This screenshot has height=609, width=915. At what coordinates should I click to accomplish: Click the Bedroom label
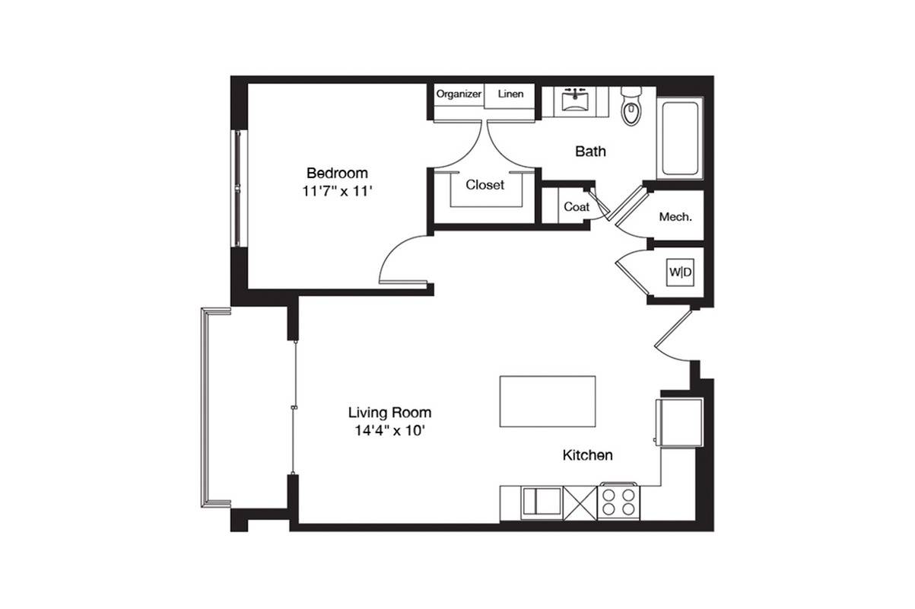pyautogui.click(x=337, y=173)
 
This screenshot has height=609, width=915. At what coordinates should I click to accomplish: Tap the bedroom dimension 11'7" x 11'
pyautogui.click(x=337, y=191)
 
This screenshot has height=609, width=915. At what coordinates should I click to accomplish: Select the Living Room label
pyautogui.click(x=389, y=413)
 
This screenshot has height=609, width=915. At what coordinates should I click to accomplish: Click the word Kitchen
pyautogui.click(x=587, y=455)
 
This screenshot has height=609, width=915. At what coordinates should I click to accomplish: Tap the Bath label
pyautogui.click(x=590, y=151)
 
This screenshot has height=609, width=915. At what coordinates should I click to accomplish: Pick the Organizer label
pyautogui.click(x=459, y=94)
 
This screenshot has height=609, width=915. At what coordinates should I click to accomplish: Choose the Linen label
pyautogui.click(x=510, y=94)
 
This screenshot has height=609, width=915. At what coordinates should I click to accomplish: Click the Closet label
pyautogui.click(x=485, y=185)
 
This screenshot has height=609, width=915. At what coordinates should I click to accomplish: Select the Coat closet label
pyautogui.click(x=577, y=207)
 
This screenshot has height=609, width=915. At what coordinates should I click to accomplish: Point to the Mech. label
pyautogui.click(x=675, y=217)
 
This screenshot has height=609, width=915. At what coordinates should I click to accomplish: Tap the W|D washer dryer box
pyautogui.click(x=680, y=273)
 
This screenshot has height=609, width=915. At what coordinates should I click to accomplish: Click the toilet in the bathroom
pyautogui.click(x=631, y=106)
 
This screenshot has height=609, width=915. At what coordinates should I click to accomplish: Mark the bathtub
pyautogui.click(x=680, y=138)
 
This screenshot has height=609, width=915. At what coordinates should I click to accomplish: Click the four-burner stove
pyautogui.click(x=618, y=502)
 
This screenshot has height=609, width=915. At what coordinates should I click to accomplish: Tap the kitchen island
pyautogui.click(x=548, y=401)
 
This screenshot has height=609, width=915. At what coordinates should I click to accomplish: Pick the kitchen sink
pyautogui.click(x=542, y=501)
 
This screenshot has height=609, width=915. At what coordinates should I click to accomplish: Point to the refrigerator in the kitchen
pyautogui.click(x=679, y=422)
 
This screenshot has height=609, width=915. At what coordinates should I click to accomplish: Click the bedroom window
pyautogui.click(x=239, y=189)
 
